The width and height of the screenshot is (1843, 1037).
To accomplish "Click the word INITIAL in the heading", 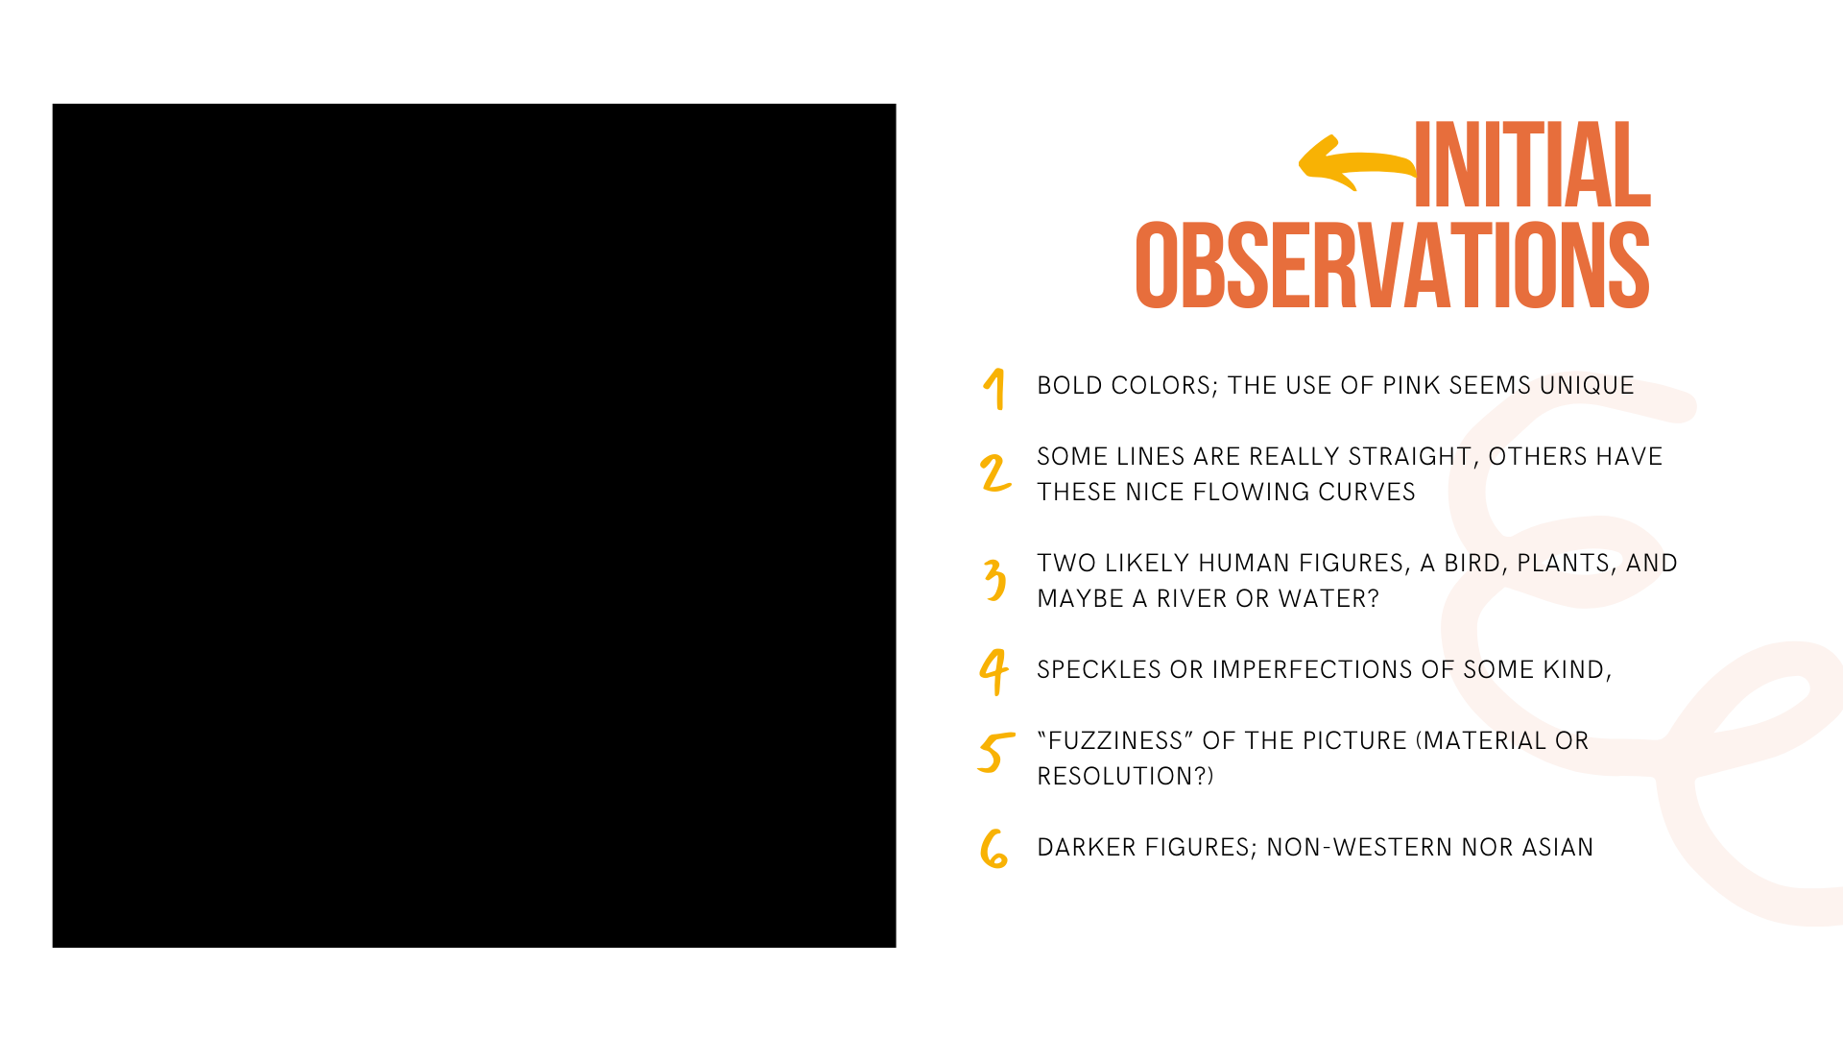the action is tap(1533, 164).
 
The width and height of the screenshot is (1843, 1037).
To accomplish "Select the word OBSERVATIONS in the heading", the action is tap(1393, 266).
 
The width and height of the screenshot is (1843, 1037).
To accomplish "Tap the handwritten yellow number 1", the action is tap(995, 389).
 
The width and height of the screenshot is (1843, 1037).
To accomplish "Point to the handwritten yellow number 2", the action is tap(995, 473).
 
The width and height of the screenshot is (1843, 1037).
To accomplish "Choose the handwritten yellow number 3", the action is tap(995, 580).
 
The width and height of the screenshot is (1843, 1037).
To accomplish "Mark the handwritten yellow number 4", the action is tap(994, 671).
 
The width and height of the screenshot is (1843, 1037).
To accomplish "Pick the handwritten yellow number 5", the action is tap(996, 752).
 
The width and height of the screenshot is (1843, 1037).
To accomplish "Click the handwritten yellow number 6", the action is tap(994, 849).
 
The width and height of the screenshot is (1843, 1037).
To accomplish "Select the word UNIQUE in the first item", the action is tap(1587, 385).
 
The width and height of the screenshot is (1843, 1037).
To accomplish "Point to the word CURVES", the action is tap(1366, 492).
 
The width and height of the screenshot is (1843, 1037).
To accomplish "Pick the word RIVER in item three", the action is tap(1191, 598).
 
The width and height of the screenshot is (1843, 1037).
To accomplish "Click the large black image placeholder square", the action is tap(474, 525).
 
